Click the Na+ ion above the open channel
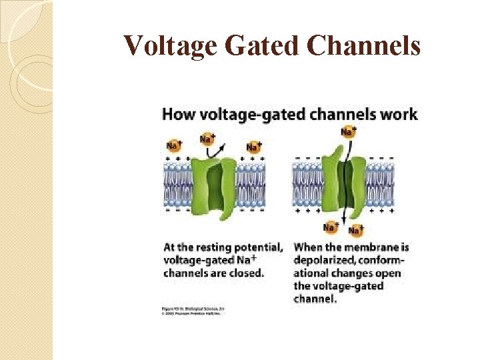348,131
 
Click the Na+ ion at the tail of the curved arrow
207,139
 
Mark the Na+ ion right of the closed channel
253,147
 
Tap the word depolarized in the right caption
323,260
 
